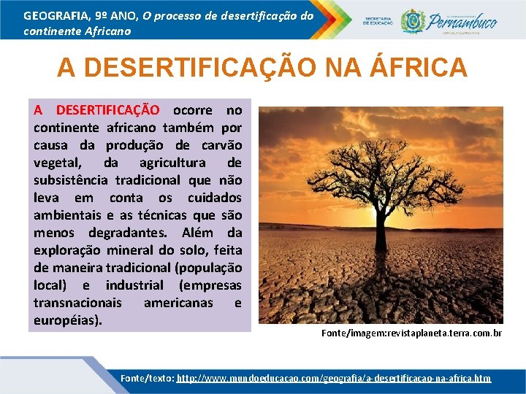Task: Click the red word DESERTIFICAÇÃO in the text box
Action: coord(107,110)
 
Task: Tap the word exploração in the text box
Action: coord(68,250)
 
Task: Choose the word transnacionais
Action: coord(76,303)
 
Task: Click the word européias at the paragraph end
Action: coord(68,320)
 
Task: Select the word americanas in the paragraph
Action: coord(178,303)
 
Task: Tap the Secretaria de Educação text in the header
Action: coord(378,20)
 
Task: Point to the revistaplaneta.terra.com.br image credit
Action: coord(411,333)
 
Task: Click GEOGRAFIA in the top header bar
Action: coord(56,15)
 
